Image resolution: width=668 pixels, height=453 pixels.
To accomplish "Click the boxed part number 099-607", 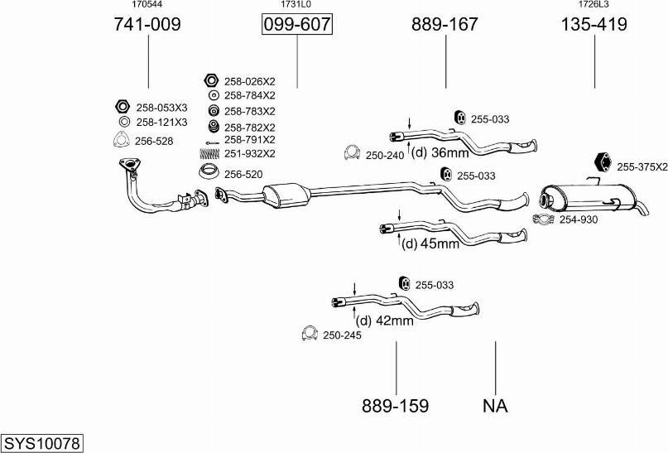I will pos(296,25).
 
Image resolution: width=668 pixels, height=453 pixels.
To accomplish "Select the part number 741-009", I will pos(147,25).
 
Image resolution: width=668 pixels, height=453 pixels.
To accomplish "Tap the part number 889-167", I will pos(445,25).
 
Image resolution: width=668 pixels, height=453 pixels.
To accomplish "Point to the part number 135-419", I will pos(594,25).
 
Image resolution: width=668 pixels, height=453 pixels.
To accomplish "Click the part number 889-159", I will pos(395,406).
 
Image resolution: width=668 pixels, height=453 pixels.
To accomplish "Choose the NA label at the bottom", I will pos(494,406).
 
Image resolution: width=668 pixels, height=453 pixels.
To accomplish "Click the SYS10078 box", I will pos(41,443).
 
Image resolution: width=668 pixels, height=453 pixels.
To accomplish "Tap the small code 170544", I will pos(147,5).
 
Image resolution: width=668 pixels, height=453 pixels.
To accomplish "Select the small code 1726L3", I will pos(594,5).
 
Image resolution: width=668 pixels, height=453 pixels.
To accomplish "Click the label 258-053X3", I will pos(161,108).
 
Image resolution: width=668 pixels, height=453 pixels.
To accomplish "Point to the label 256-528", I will pos(154,142).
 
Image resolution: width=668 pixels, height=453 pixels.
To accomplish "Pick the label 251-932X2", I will pos(249,154).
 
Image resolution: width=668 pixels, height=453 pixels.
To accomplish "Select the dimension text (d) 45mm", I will pos(430,243).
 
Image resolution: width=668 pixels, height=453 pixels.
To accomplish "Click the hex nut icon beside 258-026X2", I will pos(210,80).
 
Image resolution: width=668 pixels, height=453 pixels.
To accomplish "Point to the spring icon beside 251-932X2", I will pos(210,154).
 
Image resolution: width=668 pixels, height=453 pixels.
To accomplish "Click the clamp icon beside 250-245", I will pos(309,334).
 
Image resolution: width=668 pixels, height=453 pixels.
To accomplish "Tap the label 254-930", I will pos(578,219).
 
